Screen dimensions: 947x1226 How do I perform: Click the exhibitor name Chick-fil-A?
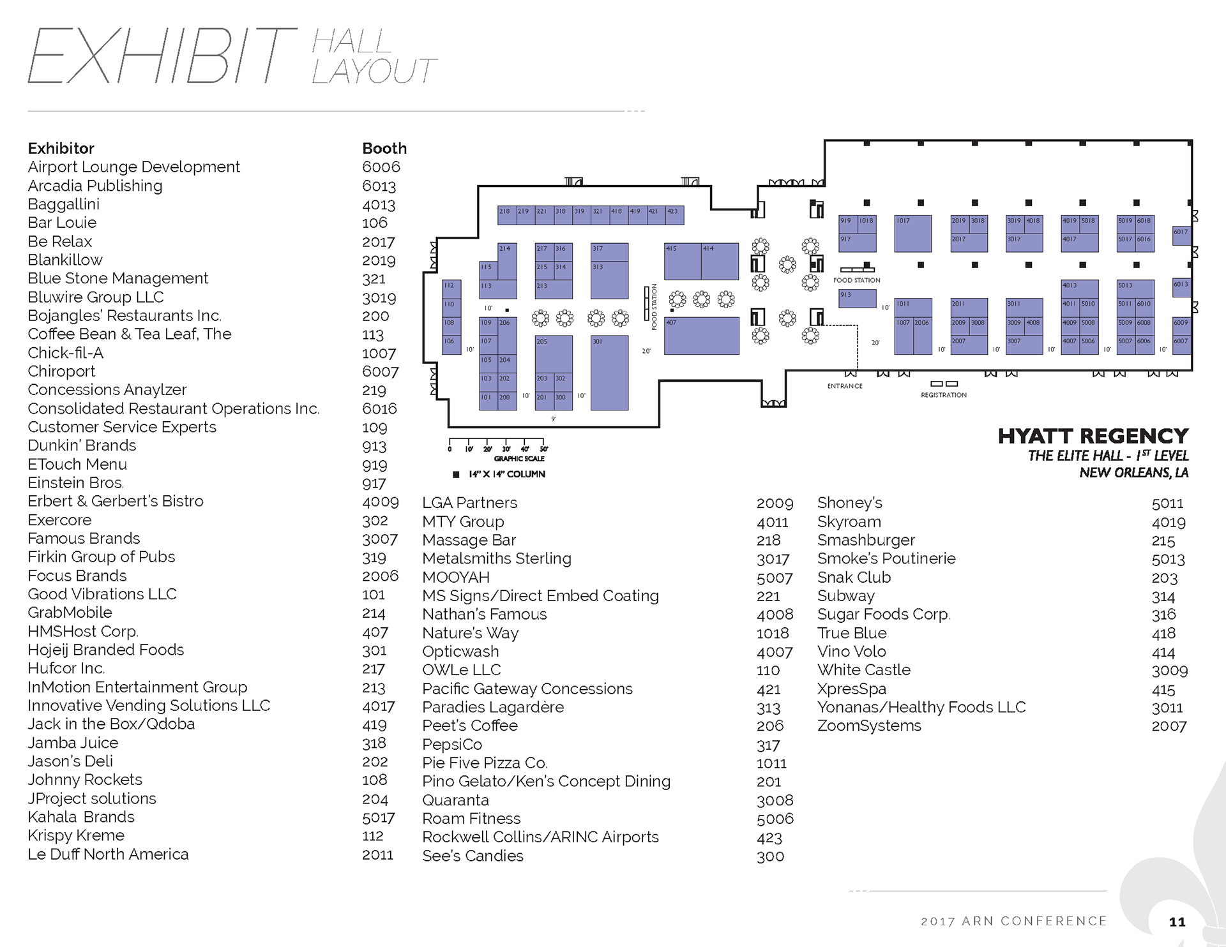click(65, 353)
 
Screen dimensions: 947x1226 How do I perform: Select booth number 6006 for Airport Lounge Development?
click(381, 167)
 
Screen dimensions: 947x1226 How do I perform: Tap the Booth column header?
click(384, 149)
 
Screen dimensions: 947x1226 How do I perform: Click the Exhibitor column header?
click(61, 149)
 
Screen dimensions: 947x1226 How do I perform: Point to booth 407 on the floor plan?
click(701, 336)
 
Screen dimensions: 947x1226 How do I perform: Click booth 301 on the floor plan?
click(609, 373)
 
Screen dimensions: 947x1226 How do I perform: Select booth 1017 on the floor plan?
click(912, 234)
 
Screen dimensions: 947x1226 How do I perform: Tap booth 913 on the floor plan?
click(857, 298)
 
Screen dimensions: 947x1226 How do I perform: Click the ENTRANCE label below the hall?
click(844, 386)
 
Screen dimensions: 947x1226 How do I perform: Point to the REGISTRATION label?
click(943, 395)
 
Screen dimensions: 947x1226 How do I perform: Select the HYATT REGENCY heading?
click(1093, 436)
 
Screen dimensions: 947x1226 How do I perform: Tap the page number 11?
click(1177, 921)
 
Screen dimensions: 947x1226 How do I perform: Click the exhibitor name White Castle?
click(863, 670)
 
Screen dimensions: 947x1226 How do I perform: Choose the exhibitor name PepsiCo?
click(451, 745)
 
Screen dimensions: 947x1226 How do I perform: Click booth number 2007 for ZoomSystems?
click(1169, 726)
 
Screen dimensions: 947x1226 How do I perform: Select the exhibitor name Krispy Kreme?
click(76, 835)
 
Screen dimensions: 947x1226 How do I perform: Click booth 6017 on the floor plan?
click(1181, 236)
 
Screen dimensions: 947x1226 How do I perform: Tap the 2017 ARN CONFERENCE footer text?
click(1013, 921)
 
